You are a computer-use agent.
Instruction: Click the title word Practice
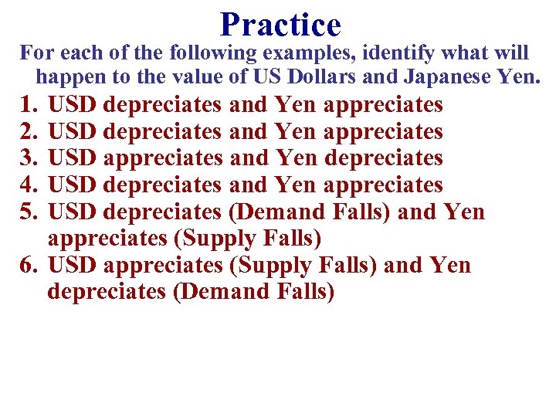pos(280,25)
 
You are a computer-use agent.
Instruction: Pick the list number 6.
pos(29,266)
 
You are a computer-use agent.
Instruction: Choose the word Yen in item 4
pos(296,185)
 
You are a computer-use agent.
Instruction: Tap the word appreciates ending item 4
pos(383,185)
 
